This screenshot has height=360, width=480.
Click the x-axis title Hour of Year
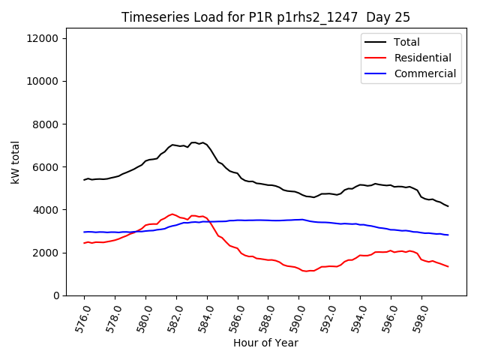(265, 343)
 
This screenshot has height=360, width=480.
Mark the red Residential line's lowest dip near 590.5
(306, 271)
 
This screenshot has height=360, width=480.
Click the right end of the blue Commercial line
(448, 235)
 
